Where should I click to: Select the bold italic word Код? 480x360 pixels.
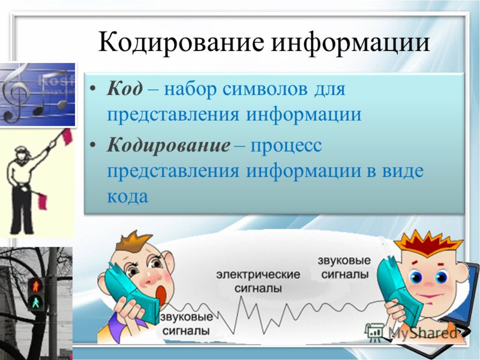pyautogui.click(x=125, y=88)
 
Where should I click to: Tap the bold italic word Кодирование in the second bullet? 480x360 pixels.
pyautogui.click(x=169, y=145)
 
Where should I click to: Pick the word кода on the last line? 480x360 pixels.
pyautogui.click(x=127, y=196)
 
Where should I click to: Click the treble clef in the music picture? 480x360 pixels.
pyautogui.click(x=16, y=94)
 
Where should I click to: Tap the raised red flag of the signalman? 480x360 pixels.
pyautogui.click(x=67, y=137)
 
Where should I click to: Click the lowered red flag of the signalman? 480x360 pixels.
pyautogui.click(x=43, y=202)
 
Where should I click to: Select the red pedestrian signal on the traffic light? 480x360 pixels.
pyautogui.click(x=35, y=286)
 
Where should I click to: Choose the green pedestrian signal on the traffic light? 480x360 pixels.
pyautogui.click(x=35, y=303)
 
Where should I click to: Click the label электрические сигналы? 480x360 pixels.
pyautogui.click(x=258, y=281)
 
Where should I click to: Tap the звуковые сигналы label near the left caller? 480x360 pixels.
pyautogui.click(x=186, y=324)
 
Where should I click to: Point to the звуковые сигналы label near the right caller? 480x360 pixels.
pyautogui.click(x=344, y=267)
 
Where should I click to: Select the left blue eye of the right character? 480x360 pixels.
pyautogui.click(x=416, y=277)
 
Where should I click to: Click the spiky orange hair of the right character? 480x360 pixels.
pyautogui.click(x=428, y=244)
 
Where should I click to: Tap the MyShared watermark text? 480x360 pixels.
pyautogui.click(x=423, y=332)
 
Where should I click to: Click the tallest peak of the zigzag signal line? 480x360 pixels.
pyautogui.click(x=244, y=297)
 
